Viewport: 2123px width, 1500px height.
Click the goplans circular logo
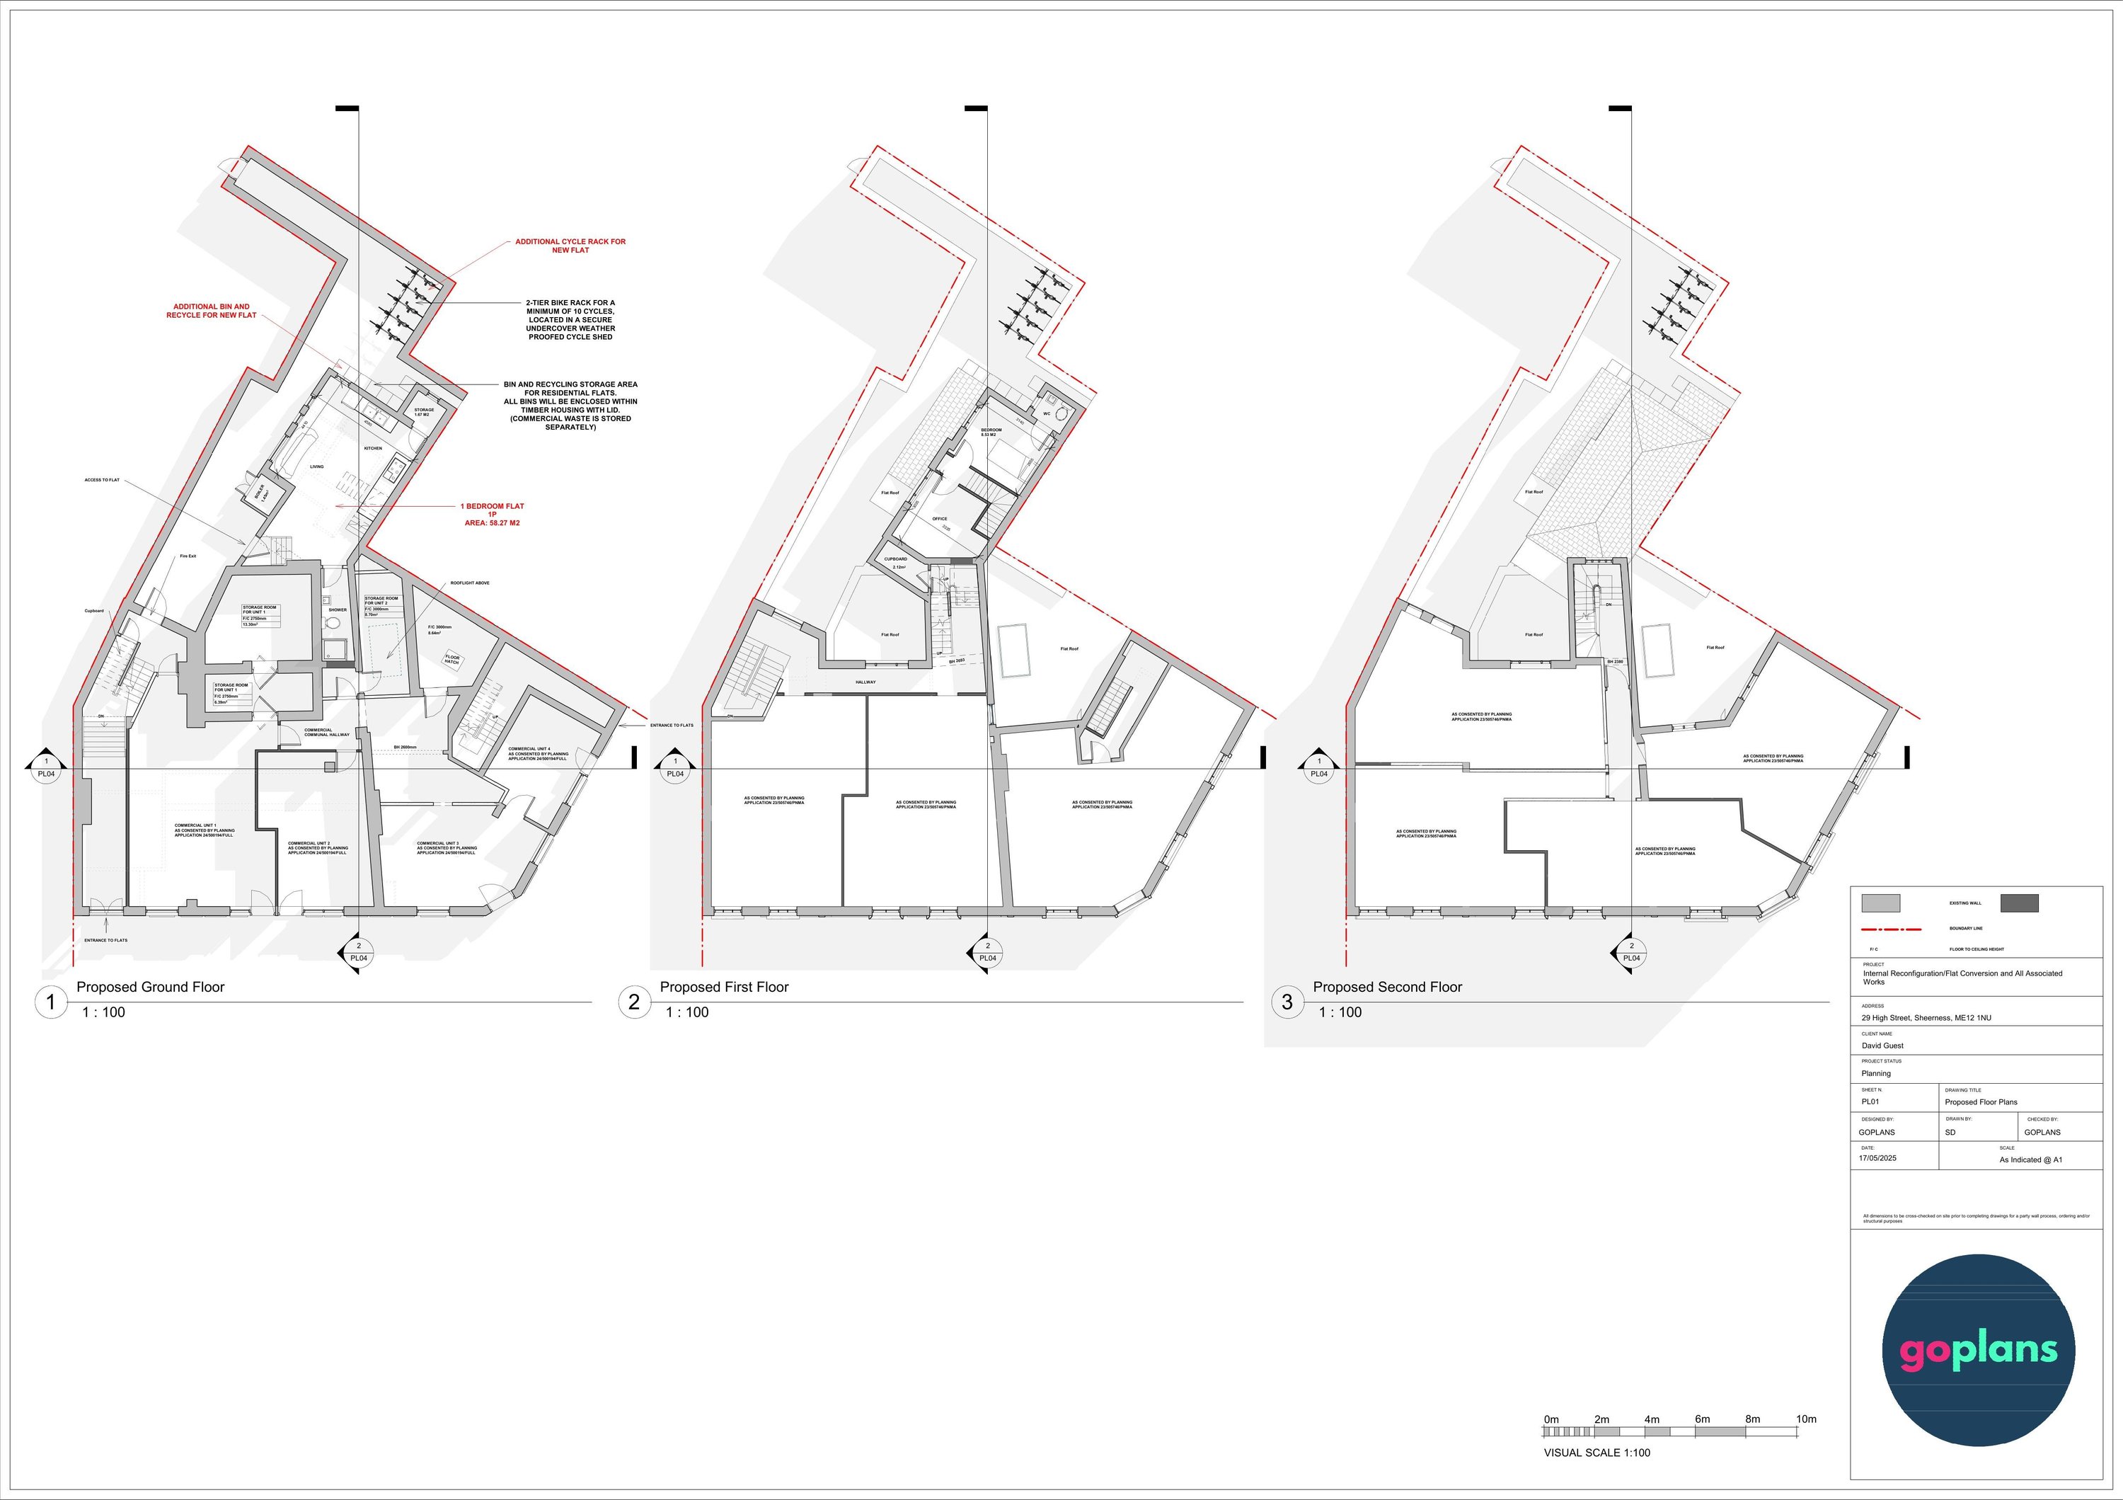1978,1349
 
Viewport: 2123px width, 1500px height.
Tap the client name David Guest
1882,1045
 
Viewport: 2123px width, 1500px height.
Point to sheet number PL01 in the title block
1870,1101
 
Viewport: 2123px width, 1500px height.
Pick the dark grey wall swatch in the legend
2018,903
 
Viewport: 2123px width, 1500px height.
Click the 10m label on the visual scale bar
1806,1419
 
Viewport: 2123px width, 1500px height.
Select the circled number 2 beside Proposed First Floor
634,1002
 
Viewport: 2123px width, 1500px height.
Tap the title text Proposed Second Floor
1387,987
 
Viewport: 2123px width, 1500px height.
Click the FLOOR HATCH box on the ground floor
452,659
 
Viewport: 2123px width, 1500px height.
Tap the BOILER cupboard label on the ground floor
260,492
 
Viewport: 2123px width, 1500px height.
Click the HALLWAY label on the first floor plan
865,682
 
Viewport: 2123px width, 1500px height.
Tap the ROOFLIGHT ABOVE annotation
470,583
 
